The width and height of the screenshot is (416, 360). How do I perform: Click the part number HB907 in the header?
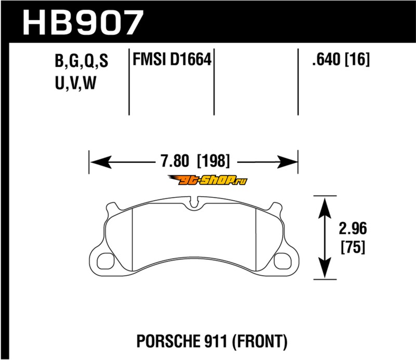pyautogui.click(x=83, y=22)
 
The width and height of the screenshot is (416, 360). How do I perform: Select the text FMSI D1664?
pyautogui.click(x=172, y=59)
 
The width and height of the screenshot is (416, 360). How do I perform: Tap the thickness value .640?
pyautogui.click(x=326, y=59)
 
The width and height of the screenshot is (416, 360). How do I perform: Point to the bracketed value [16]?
pyautogui.click(x=357, y=59)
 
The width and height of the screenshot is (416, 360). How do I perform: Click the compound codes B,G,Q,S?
pyautogui.click(x=82, y=61)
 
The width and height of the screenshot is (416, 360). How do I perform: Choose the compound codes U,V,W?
pyautogui.click(x=75, y=83)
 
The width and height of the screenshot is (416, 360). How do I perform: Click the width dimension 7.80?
pyautogui.click(x=175, y=161)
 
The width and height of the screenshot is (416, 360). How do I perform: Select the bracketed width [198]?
pyautogui.click(x=214, y=161)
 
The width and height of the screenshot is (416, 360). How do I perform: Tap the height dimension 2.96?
pyautogui.click(x=353, y=228)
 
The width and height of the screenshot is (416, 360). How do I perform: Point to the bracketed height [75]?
pyautogui.click(x=353, y=247)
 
